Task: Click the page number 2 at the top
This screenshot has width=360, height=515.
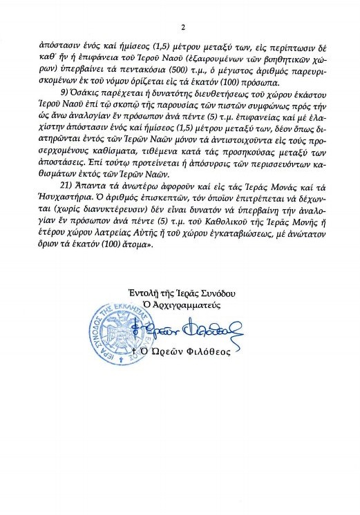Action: point(181,27)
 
